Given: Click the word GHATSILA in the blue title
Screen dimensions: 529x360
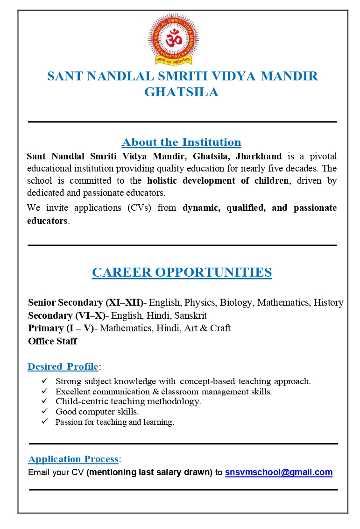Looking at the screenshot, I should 181,92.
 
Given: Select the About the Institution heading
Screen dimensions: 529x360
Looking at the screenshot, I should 181,142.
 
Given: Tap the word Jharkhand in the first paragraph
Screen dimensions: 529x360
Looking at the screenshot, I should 259,156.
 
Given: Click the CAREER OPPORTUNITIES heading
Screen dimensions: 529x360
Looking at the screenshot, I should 182,272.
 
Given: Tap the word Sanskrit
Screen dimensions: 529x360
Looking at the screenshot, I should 191,315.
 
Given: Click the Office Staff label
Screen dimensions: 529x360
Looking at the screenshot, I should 52,341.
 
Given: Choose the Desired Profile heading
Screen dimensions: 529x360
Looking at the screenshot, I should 63,366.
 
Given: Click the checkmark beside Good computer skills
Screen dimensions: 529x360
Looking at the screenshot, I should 45,411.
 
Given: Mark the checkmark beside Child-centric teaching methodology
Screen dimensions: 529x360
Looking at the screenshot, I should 45,401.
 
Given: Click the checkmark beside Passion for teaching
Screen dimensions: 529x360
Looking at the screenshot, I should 45,422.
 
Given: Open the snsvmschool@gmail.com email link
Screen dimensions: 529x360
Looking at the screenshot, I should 279,472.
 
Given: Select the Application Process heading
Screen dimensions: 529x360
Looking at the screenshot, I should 73,459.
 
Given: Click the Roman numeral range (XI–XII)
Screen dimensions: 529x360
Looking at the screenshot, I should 125,302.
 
